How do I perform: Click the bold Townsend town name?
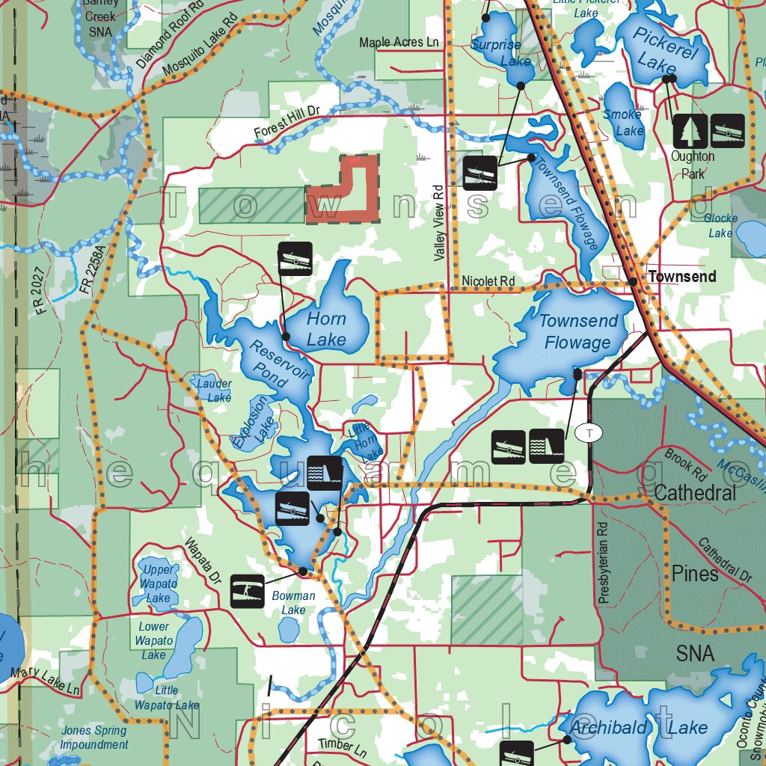tap(681, 277)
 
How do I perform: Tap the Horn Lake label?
tap(327, 329)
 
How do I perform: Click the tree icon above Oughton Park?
tap(689, 130)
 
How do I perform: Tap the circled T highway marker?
tap(589, 432)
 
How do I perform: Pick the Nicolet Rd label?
tap(488, 281)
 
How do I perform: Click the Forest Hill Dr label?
tap(287, 121)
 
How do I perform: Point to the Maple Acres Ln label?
tap(399, 43)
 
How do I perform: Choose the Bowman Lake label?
tap(293, 603)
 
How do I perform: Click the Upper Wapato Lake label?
tap(158, 583)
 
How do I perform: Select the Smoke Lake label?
tap(622, 122)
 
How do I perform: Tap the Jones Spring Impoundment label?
tap(94, 738)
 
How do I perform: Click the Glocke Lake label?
tap(720, 226)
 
